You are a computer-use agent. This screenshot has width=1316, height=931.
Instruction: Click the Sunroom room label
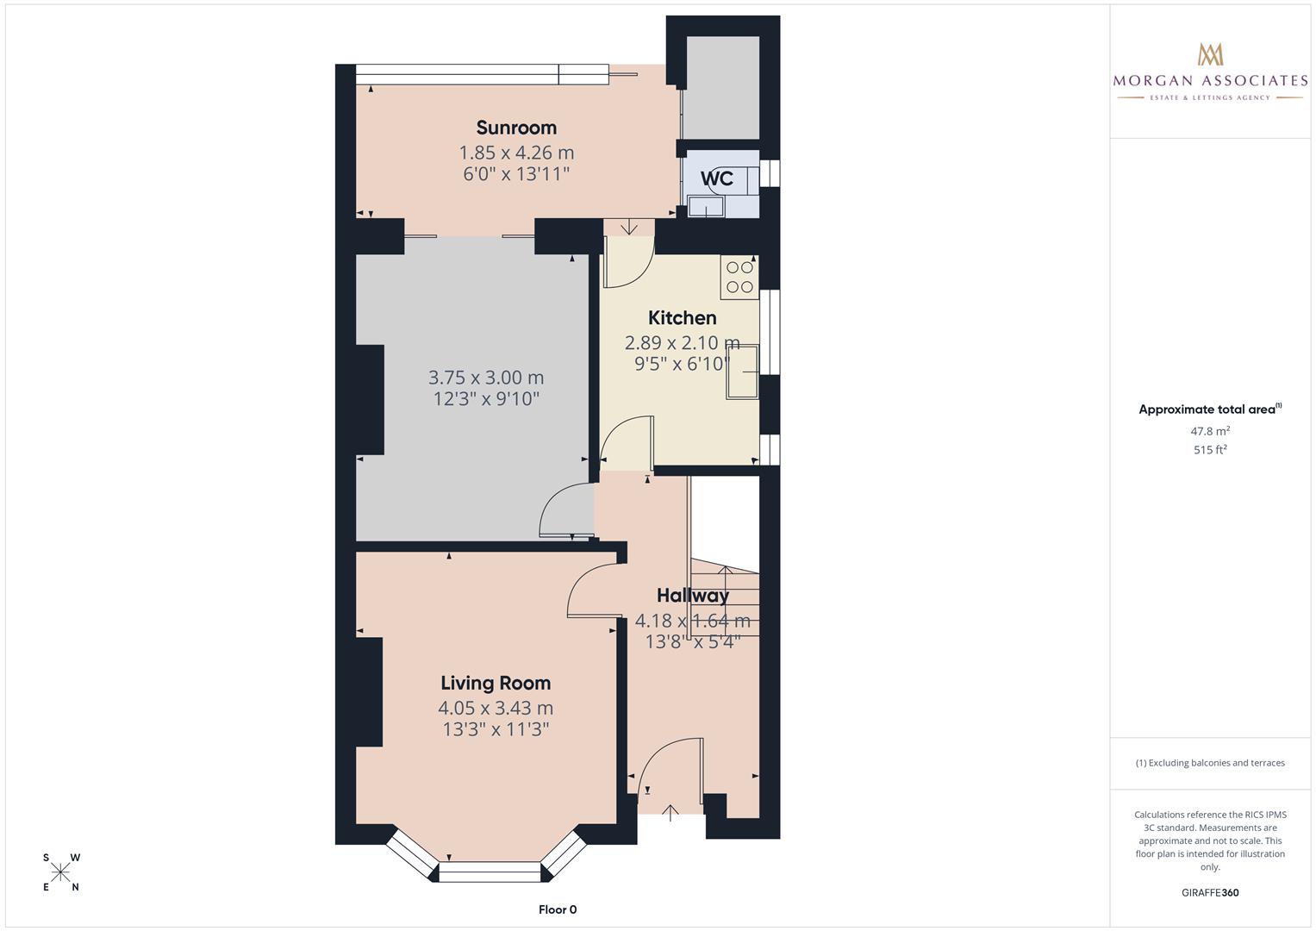516,128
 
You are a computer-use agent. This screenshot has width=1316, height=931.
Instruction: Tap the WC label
716,178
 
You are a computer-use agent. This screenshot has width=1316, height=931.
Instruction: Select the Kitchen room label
682,318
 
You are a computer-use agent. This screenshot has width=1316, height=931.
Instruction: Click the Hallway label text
692,596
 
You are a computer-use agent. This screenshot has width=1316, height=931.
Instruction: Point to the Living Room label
496,684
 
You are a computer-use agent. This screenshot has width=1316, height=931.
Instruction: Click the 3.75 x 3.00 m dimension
486,378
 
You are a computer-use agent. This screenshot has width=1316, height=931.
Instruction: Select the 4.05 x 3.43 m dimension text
496,709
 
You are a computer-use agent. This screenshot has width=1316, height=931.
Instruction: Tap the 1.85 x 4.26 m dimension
516,153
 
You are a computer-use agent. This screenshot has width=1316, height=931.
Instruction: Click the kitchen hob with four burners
739,278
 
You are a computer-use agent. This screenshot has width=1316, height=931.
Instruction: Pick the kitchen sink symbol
742,372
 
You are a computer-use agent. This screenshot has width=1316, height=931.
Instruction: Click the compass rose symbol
60,872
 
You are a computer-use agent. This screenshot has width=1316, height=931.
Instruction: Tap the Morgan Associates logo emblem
1210,54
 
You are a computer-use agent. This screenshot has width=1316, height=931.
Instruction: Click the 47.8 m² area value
1210,431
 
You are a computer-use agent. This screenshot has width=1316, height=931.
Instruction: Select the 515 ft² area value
1210,450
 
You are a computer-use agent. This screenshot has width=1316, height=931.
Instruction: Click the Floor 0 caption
558,909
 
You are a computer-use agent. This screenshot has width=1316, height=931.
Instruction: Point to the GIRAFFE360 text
1210,892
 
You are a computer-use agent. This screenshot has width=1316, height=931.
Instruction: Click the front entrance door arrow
670,812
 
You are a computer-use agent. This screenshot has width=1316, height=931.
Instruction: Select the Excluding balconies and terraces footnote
1210,763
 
